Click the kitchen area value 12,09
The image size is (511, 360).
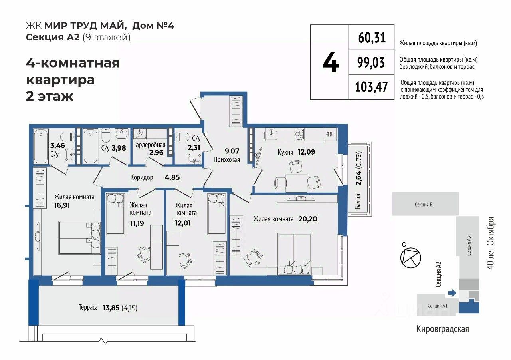[306, 152]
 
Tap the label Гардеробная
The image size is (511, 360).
[150, 145]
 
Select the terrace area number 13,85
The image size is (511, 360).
[111, 308]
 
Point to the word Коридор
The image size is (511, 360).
[142, 177]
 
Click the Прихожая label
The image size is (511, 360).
[226, 159]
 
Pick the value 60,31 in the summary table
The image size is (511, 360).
[372, 38]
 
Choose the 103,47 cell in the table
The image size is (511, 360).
[371, 87]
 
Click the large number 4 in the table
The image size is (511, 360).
[331, 62]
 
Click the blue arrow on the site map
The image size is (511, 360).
[452, 293]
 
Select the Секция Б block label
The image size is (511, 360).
[424, 204]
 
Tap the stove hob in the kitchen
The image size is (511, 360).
[299, 135]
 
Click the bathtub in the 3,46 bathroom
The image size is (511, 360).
[41, 146]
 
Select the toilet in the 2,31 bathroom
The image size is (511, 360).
[182, 137]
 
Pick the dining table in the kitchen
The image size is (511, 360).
[297, 183]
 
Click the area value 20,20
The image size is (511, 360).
[308, 219]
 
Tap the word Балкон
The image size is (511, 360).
[358, 201]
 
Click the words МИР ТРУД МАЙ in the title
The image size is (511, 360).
[85, 26]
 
